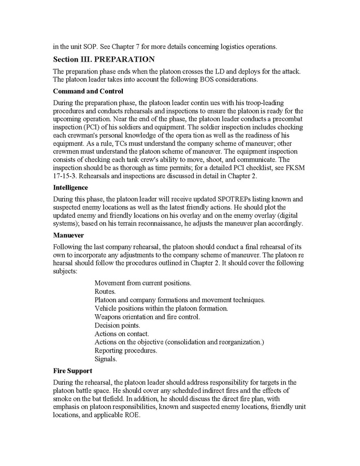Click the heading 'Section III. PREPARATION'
pyautogui.click(x=104, y=59)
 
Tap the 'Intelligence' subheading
pyautogui.click(x=70, y=187)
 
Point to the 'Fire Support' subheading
pyautogui.click(x=73, y=371)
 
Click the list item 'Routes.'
pyautogui.click(x=105, y=292)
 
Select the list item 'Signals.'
pyautogui.click(x=106, y=359)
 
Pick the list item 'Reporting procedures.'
pyautogui.click(x=125, y=350)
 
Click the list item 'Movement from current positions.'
pyautogui.click(x=143, y=283)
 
